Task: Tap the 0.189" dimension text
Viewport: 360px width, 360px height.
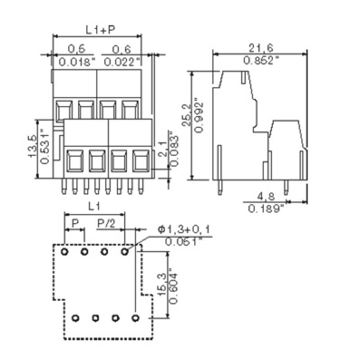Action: pos(266,208)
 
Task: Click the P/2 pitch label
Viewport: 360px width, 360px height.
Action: pos(106,223)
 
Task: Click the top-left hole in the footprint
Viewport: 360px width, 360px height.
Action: pos(64,251)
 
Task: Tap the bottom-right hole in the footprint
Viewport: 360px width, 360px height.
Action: pos(135,318)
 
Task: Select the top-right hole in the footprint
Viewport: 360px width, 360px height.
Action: pos(125,251)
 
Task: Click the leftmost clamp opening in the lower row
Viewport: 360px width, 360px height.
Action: pos(74,160)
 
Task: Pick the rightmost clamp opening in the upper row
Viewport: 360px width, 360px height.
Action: pos(130,110)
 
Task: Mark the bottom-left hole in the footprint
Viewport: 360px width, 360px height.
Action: pos(75,318)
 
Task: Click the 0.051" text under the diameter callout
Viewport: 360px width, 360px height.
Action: pos(183,242)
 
